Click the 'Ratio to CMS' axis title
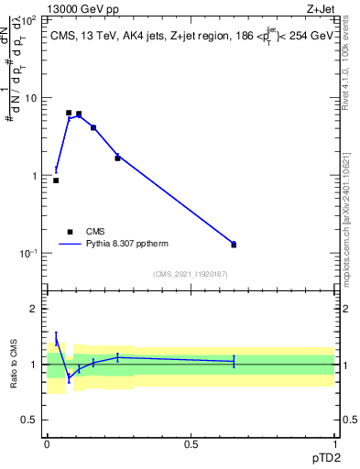tap(14, 364)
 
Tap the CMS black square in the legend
tap(70, 232)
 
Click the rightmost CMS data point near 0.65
tap(234, 245)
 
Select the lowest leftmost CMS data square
tap(56, 180)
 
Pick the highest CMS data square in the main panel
tap(69, 113)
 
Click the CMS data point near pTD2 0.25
tap(117, 158)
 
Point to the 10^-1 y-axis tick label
tap(30, 254)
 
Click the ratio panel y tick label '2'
tap(35, 309)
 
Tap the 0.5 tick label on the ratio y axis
tap(30, 420)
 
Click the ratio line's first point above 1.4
tap(56, 338)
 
